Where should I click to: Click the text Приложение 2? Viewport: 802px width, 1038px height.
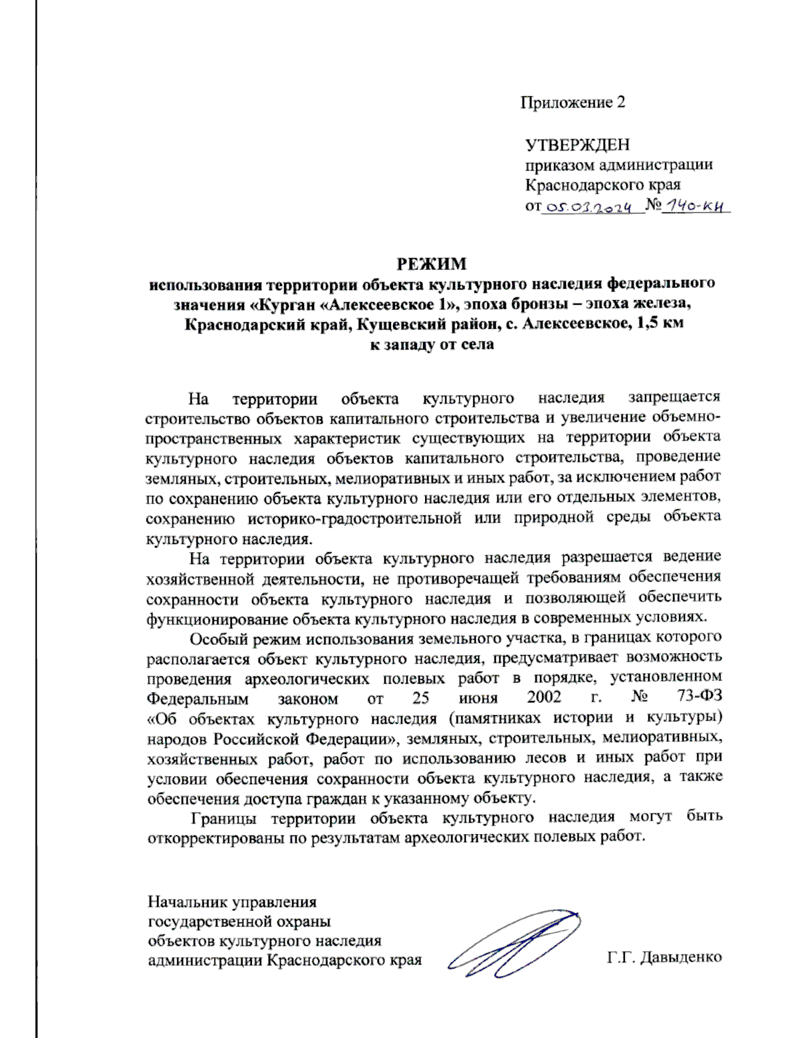click(573, 102)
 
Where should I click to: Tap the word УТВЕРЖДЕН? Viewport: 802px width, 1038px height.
click(577, 144)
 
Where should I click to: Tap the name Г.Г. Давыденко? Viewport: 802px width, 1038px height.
click(664, 957)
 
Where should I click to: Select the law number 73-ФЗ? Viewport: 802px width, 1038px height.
click(699, 698)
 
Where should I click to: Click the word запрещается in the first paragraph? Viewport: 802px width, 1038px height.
click(674, 397)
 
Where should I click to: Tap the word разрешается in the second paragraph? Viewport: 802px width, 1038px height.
click(606, 557)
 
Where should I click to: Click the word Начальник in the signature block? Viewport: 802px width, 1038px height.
click(186, 902)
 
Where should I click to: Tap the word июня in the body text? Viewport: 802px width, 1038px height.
click(478, 698)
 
